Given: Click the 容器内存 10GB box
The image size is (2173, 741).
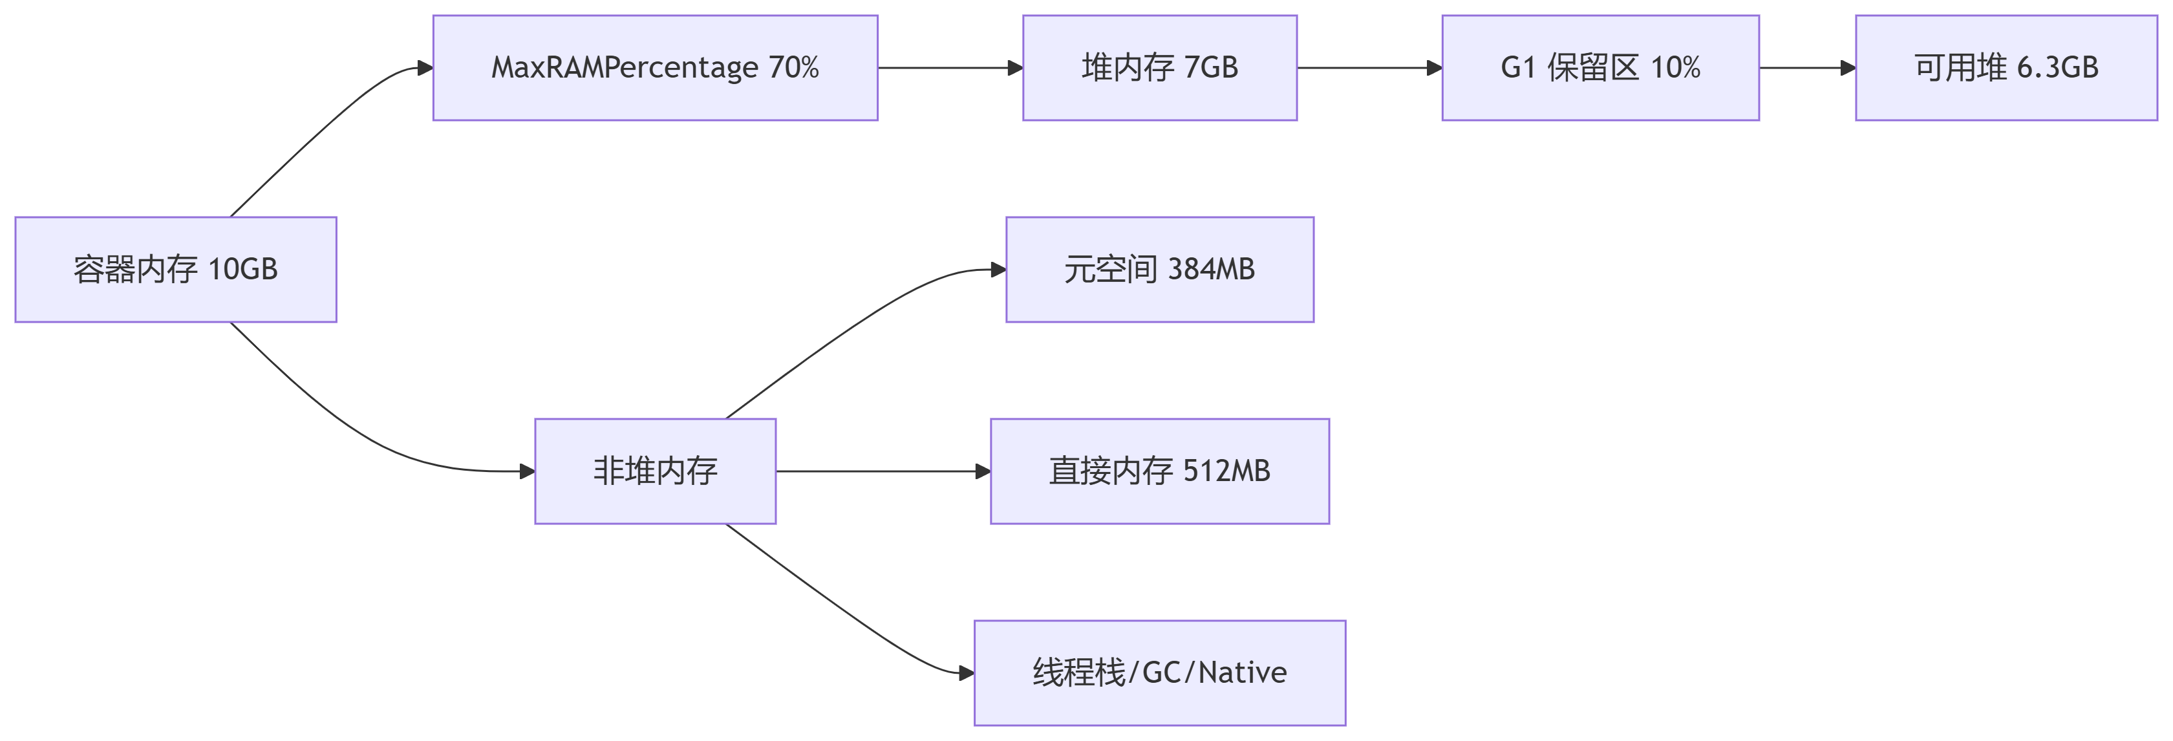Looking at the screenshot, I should pyautogui.click(x=175, y=269).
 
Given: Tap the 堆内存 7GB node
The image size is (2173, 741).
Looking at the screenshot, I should pyautogui.click(x=1159, y=67).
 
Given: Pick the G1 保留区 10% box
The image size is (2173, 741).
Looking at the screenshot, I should pyautogui.click(x=1600, y=67).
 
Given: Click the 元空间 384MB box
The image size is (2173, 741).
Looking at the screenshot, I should pyautogui.click(x=1159, y=269).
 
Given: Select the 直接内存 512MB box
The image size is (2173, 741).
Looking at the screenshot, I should pyautogui.click(x=1159, y=471).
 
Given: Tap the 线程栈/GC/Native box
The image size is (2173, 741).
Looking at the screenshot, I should pyautogui.click(x=1159, y=672).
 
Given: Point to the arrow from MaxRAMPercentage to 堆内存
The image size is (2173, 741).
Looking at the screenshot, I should pyautogui.click(x=949, y=67).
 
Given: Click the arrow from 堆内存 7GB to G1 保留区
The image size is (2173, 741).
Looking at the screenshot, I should pyautogui.click(x=1368, y=67).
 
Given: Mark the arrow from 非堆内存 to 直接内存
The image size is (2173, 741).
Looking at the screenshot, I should pyautogui.click(x=881, y=471).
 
